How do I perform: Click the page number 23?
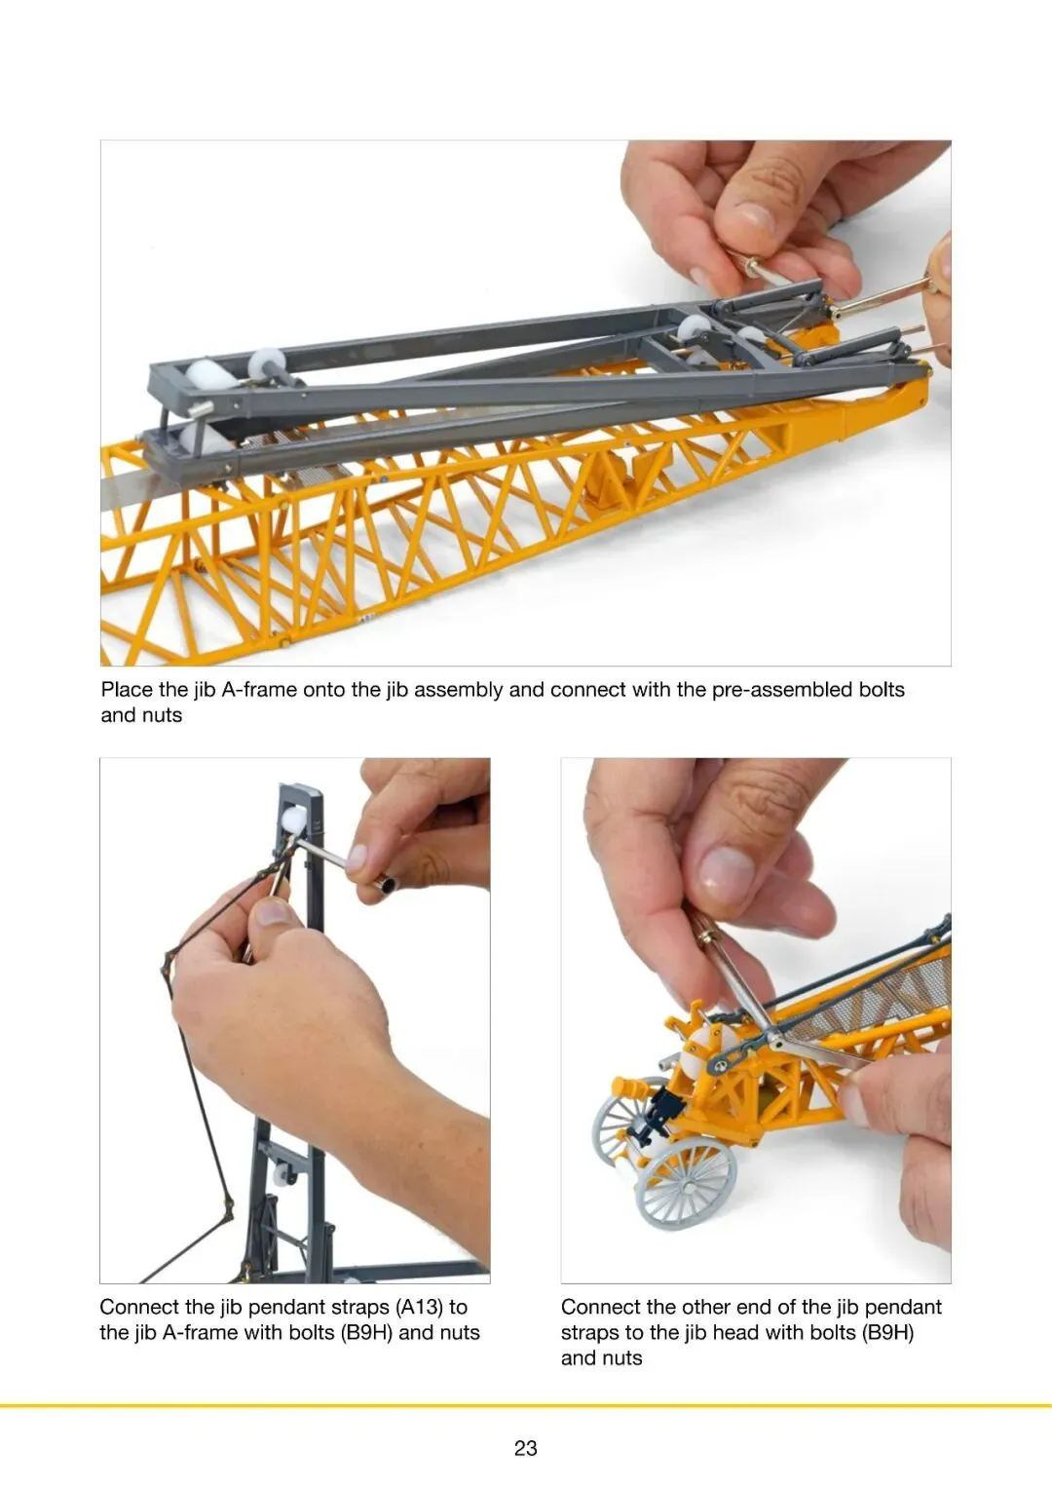[525, 1447]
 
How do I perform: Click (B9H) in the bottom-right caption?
[887, 1332]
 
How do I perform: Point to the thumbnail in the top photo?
[755, 221]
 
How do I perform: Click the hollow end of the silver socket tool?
[385, 884]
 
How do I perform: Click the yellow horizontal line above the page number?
[526, 1405]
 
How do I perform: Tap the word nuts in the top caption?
[162, 715]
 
